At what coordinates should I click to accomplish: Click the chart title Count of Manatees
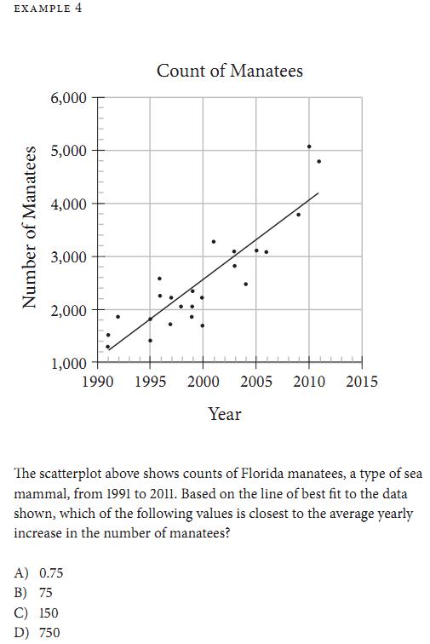[230, 71]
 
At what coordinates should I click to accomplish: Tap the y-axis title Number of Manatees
[29, 227]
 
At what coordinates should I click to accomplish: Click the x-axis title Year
[225, 414]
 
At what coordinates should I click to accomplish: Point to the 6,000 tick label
[68, 99]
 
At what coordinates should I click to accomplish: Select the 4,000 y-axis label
[68, 204]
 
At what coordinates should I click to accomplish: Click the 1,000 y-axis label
[68, 364]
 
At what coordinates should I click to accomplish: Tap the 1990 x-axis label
[98, 382]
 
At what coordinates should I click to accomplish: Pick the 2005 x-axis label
[255, 382]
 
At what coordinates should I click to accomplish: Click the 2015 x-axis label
[361, 382]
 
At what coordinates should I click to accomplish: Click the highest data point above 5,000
[309, 147]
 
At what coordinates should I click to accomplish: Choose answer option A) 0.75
[38, 572]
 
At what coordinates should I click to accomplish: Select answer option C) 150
[36, 612]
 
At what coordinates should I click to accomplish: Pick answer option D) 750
[37, 632]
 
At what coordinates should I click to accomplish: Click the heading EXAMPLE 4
[48, 9]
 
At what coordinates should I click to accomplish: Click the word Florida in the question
[262, 474]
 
